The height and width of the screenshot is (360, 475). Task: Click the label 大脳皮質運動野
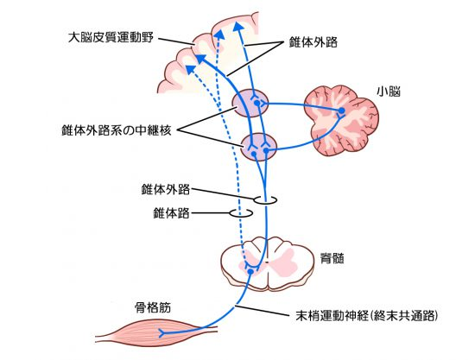(x=111, y=38)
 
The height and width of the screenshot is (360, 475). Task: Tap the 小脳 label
(x=389, y=92)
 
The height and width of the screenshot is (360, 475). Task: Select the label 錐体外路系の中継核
(x=117, y=130)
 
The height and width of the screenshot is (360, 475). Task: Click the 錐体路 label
(x=171, y=213)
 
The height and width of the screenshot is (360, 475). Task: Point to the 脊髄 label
(x=332, y=259)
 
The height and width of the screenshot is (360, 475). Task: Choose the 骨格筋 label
(x=153, y=308)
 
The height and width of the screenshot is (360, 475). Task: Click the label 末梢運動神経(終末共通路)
(x=367, y=316)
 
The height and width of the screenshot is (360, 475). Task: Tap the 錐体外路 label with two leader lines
(x=313, y=42)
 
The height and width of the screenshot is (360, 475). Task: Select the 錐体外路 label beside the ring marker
(x=166, y=190)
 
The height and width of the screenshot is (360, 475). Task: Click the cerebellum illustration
(x=341, y=120)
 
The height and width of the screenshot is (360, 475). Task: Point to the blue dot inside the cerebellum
(x=341, y=111)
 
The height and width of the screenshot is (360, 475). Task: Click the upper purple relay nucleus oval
(x=250, y=103)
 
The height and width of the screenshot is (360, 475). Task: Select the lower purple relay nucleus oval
(x=259, y=147)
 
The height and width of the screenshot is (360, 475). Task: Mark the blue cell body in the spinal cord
(x=250, y=272)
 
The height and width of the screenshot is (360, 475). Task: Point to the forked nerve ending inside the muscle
(x=163, y=333)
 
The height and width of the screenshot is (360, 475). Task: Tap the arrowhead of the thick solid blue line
(x=200, y=59)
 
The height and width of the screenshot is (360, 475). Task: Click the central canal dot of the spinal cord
(x=267, y=262)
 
